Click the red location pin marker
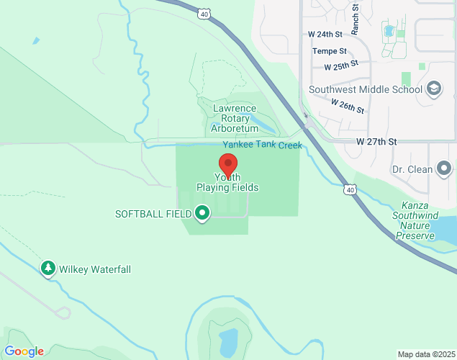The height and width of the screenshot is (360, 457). click(x=228, y=165)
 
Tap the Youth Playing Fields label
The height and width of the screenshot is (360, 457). click(x=227, y=182)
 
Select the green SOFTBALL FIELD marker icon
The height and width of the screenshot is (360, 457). click(x=202, y=213)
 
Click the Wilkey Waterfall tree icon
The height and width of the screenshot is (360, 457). click(x=48, y=269)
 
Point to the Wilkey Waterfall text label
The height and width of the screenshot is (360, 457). click(x=95, y=269)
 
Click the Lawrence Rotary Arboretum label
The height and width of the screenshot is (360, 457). click(x=235, y=118)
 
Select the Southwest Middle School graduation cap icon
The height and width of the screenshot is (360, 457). click(x=434, y=89)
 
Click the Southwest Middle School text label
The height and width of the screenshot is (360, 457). click(x=365, y=90)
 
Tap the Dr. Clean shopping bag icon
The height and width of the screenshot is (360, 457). click(x=445, y=170)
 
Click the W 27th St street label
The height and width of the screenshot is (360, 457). click(x=376, y=142)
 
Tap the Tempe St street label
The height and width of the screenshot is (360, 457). click(x=330, y=50)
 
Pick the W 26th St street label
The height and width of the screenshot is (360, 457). click(x=348, y=106)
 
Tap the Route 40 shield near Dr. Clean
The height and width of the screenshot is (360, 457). click(x=350, y=189)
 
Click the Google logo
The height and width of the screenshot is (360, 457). click(x=24, y=351)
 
